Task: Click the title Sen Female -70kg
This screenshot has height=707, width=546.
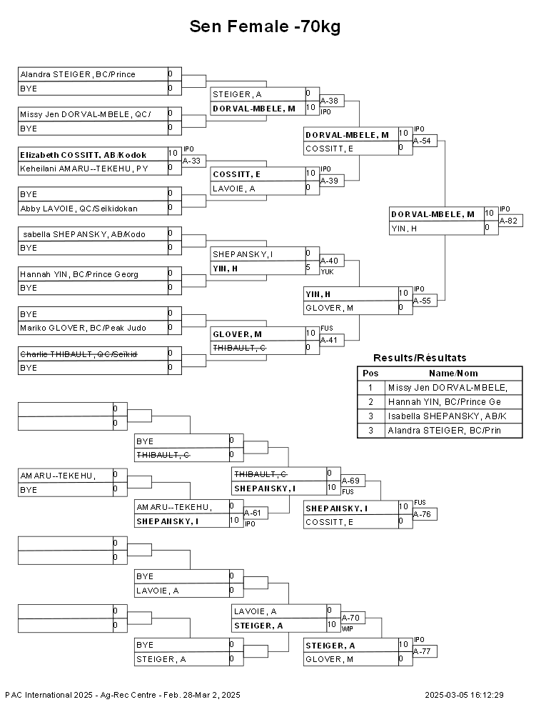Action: coord(265,26)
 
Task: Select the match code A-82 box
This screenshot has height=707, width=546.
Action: coord(510,221)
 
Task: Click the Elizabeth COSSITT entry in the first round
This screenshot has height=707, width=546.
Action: coord(84,155)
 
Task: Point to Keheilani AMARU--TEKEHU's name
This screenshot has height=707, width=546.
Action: coord(84,169)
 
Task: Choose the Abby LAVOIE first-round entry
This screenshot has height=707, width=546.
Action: coord(79,209)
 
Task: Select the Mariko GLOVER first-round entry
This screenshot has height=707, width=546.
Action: coord(83,328)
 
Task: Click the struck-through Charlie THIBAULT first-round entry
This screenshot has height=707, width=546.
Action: coord(79,354)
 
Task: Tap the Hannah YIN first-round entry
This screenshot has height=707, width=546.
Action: coord(79,274)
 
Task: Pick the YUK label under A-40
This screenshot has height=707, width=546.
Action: coord(327,272)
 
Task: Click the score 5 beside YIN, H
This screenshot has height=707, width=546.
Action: coord(308,267)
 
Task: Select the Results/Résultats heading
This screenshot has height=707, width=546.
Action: coord(420,358)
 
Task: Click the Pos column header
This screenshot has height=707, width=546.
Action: coord(370,373)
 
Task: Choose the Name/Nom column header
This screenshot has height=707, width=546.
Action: coord(453,373)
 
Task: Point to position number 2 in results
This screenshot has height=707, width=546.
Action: coord(370,402)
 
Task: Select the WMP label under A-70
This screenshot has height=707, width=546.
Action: coord(348,629)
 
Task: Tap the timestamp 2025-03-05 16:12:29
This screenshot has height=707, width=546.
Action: coord(464,696)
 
